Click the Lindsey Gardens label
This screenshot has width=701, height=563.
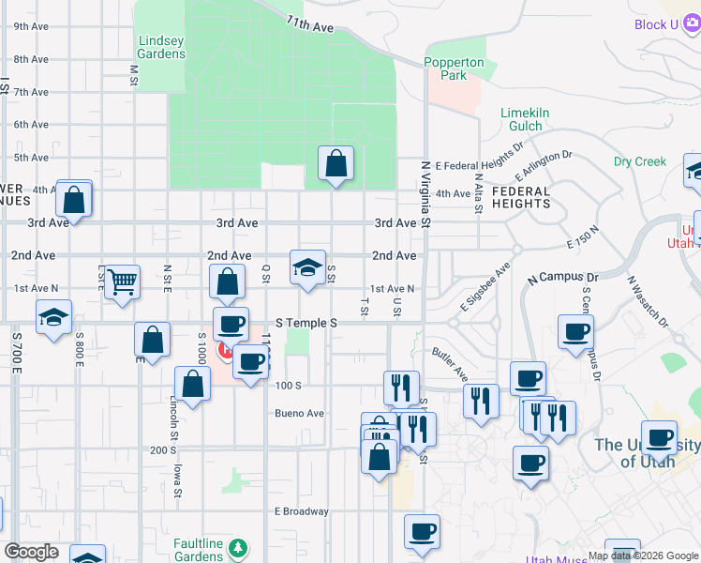161,47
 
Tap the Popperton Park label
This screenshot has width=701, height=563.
455,68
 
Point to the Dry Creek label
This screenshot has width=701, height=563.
640,161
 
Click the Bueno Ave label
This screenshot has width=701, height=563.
299,413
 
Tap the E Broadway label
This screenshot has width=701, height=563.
301,511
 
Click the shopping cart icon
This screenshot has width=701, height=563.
123,281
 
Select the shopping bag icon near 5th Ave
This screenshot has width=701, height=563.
336,164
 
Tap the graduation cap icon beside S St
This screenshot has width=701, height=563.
307,267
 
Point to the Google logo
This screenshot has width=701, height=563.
32,552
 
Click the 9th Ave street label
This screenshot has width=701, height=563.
31,26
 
